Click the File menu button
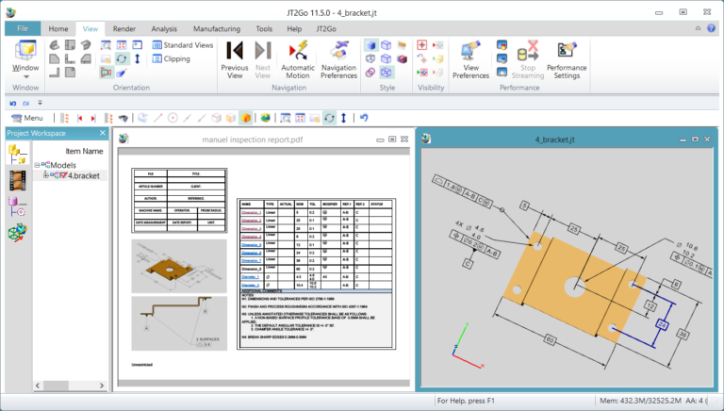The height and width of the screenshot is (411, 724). coord(22,29)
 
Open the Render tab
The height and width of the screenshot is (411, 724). coord(123,29)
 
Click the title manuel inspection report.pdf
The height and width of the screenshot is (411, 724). coord(253,140)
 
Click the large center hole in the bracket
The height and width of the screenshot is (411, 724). coord(573,285)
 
